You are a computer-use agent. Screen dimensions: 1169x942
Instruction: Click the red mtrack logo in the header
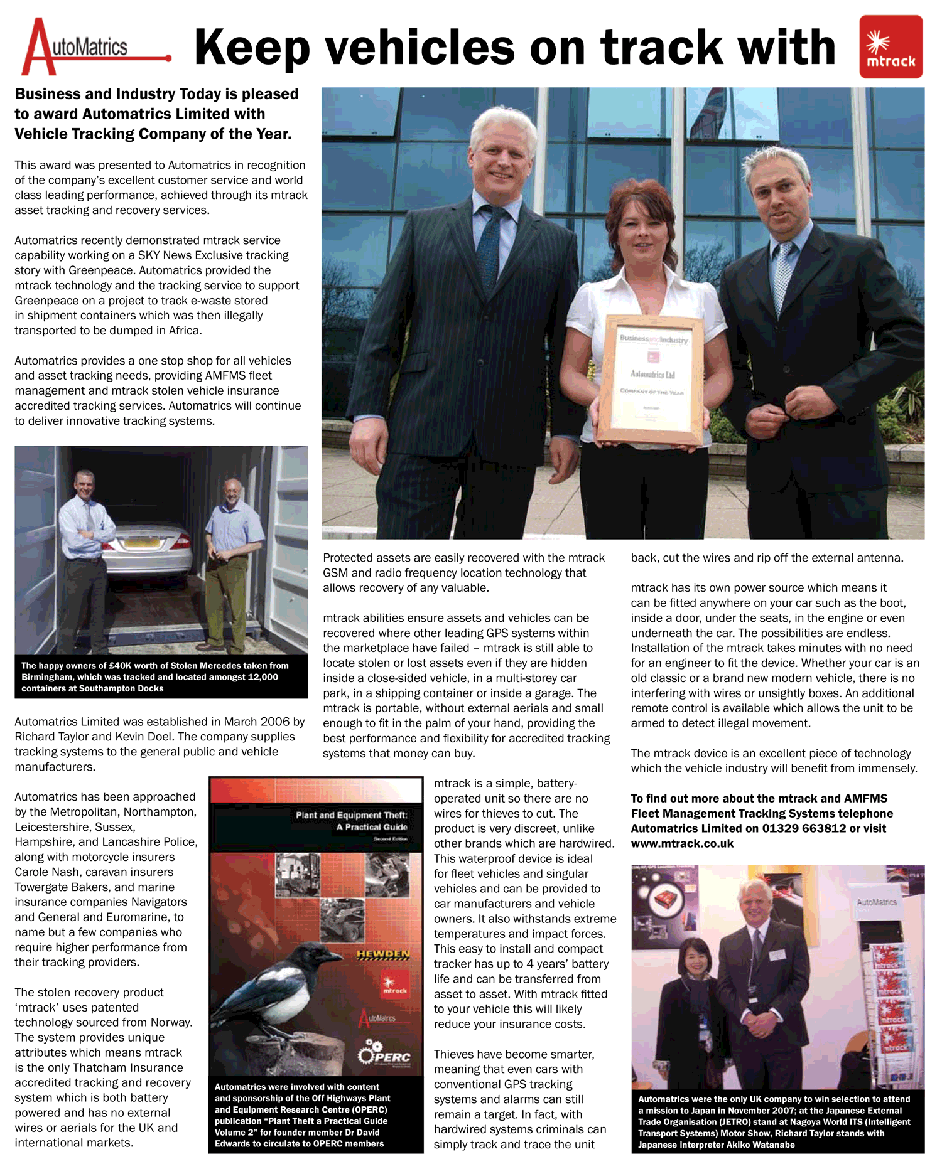tap(891, 47)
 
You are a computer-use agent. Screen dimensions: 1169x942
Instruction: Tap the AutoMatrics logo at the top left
tap(94, 47)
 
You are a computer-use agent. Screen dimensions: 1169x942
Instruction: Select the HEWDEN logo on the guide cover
tap(383, 954)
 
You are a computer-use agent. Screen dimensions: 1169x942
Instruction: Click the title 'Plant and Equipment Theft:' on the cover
tap(352, 815)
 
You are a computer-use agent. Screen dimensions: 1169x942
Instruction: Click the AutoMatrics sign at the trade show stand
tap(877, 902)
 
